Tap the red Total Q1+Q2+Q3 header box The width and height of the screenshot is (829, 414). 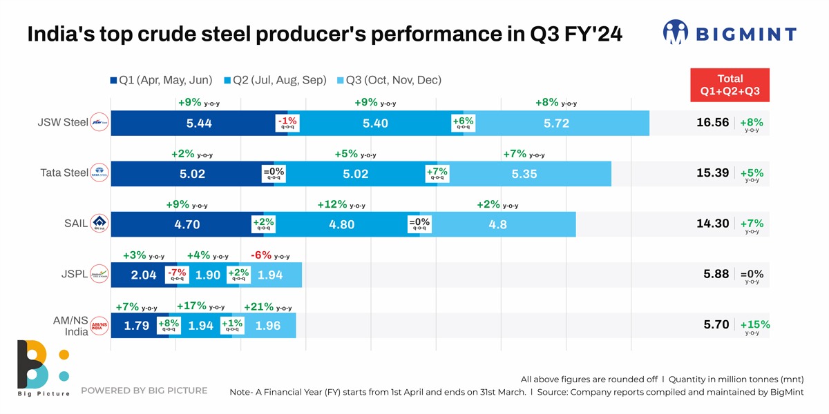pos(730,85)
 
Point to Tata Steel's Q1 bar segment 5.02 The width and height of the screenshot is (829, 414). pos(192,174)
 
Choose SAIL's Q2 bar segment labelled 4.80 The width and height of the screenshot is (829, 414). pos(342,224)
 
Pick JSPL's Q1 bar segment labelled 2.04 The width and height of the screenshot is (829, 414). pos(143,275)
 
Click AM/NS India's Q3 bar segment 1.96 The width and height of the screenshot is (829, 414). pos(268,326)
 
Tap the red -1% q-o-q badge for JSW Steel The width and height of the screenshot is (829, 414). pos(287,123)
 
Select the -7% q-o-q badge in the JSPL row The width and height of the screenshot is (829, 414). pos(177,275)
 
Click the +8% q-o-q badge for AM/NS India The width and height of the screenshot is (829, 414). pos(169,325)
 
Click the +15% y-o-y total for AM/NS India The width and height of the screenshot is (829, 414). pos(754,326)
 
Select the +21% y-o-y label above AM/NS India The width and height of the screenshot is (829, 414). pos(267,307)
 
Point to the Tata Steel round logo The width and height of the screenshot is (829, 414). pos(100,174)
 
